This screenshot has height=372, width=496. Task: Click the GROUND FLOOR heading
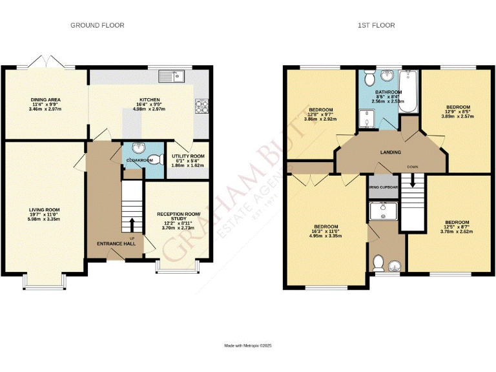coord(97,25)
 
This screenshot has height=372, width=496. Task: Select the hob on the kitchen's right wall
coord(200,105)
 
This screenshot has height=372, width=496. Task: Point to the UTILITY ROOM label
coord(188,156)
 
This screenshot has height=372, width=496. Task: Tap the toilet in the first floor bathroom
coord(369,78)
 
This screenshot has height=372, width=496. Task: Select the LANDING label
coord(390,152)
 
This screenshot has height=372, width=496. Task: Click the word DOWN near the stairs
coord(413,167)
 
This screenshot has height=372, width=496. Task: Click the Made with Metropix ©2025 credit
coord(248,347)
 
